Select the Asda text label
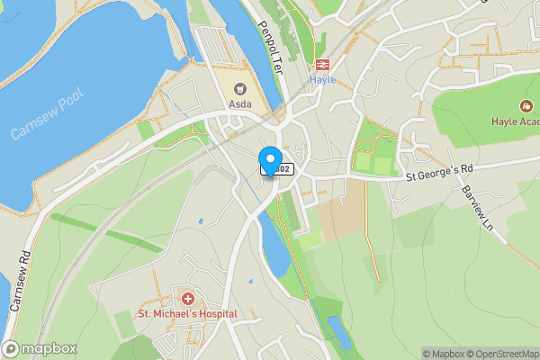pos(240,103)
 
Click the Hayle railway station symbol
pos(322,63)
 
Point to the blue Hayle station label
pos(322,79)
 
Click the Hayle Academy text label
pos(517,121)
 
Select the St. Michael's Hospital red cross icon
pos(188,298)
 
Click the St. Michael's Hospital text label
pos(187,314)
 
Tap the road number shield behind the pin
pos(279,168)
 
